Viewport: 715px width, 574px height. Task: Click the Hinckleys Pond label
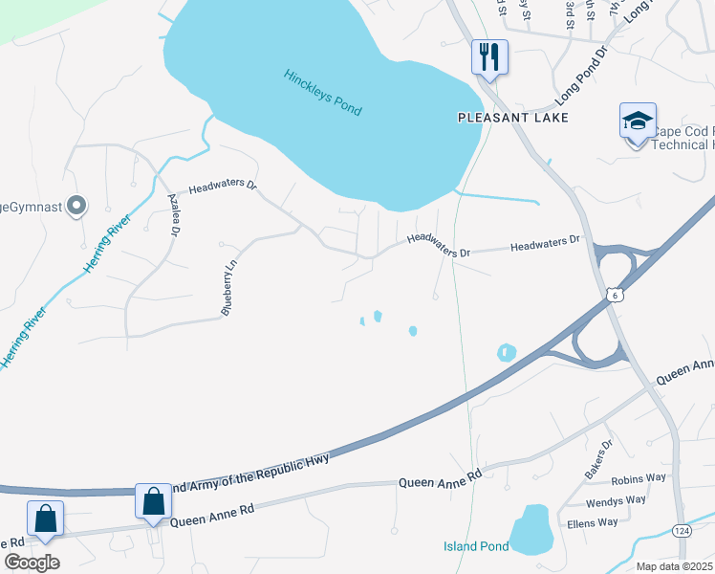[x=322, y=93]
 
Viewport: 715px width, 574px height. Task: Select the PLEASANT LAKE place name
[x=512, y=118]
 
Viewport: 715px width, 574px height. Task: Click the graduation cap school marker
[x=638, y=121]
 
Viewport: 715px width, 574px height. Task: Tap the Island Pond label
[x=475, y=546]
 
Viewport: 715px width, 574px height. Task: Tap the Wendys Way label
[x=617, y=500]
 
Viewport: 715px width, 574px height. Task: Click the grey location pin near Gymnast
[x=77, y=205]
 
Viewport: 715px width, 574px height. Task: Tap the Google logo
[x=32, y=562]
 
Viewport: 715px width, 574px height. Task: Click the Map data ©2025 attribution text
[x=675, y=566]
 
